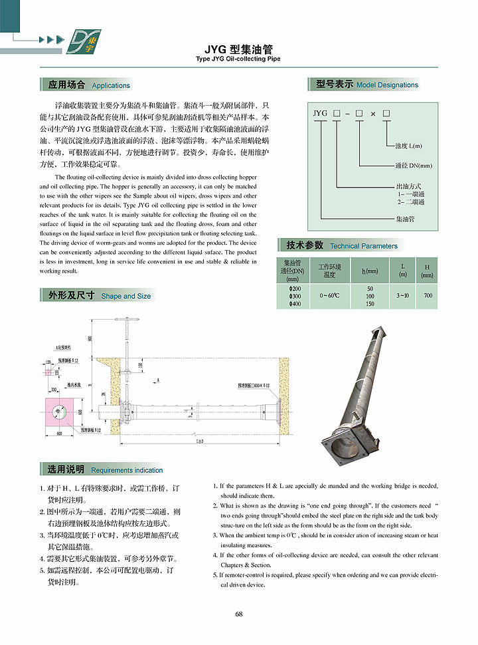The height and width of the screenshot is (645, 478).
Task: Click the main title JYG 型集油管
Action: pos(238,49)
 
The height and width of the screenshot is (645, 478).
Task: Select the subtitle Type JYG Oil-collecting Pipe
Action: pos(238,59)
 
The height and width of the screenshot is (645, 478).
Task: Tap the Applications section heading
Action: pos(89,85)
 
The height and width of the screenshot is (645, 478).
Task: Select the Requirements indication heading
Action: pos(105,469)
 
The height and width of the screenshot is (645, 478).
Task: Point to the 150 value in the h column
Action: pos(370,304)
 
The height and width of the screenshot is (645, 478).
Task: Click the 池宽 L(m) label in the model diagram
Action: pos(409,146)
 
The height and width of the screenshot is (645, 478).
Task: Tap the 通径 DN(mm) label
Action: pos(413,166)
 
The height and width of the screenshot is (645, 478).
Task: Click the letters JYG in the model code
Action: pos(320,114)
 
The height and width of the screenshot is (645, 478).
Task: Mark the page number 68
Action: pos(239,613)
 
